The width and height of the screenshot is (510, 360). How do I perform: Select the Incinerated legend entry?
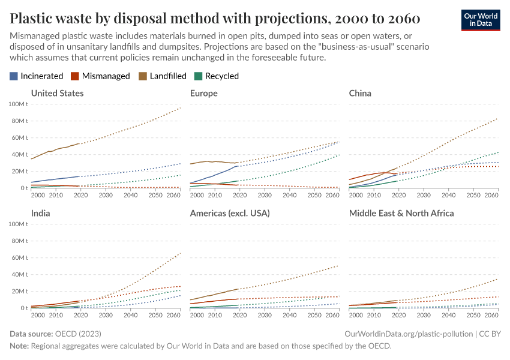click(37, 76)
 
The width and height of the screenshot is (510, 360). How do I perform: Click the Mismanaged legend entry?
click(100, 76)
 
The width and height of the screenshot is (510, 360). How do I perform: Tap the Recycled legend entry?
click(217, 76)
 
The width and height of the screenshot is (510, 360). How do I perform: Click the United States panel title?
click(57, 93)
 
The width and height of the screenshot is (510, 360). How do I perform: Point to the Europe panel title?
click(203, 93)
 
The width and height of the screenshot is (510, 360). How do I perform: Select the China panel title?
click(360, 93)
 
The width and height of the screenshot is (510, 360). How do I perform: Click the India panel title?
click(40, 213)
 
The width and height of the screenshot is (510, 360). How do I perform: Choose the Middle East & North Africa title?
click(401, 213)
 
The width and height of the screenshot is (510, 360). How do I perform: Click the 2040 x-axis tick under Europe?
click(289, 195)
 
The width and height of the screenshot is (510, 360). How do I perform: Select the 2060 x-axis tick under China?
click(491, 195)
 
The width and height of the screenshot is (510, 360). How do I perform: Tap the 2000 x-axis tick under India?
click(37, 315)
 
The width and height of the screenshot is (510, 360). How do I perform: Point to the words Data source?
click(31, 333)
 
